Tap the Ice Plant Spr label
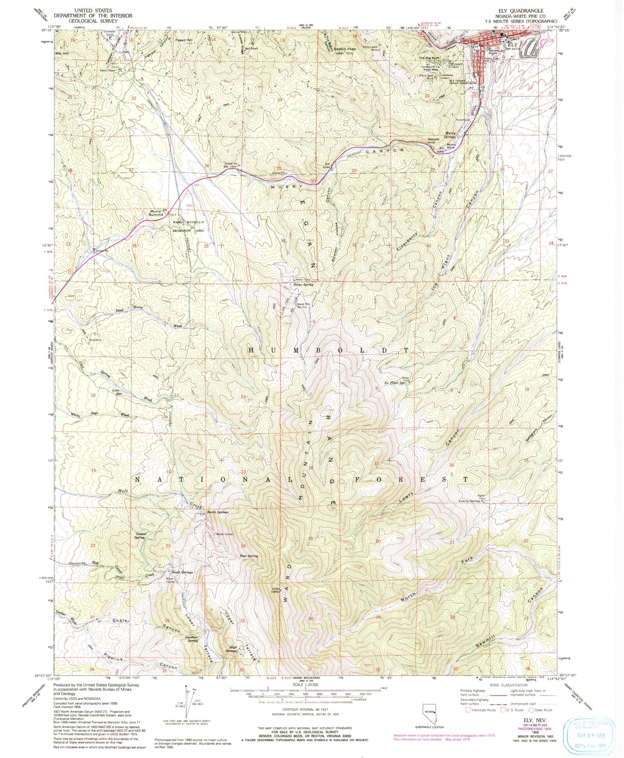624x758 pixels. coord(395,383)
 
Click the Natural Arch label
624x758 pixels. coord(433,141)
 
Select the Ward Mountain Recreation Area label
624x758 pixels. coord(189,226)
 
